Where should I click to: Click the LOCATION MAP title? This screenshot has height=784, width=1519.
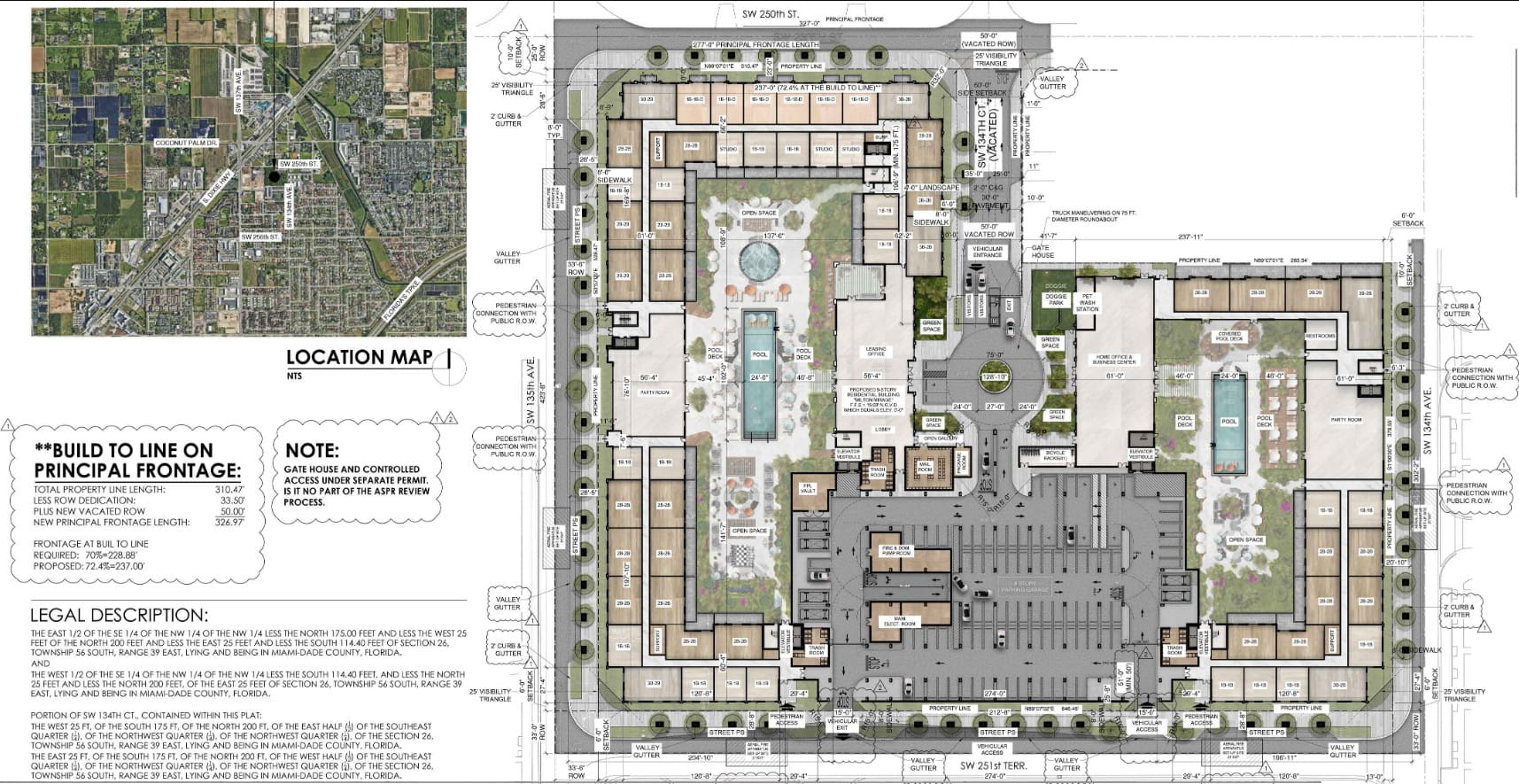(360, 357)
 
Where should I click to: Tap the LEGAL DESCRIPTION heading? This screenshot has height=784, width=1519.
(119, 615)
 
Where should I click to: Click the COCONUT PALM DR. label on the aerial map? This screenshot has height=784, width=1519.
(186, 143)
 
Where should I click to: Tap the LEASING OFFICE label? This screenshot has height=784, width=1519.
(875, 352)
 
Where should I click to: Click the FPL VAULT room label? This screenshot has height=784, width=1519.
(808, 488)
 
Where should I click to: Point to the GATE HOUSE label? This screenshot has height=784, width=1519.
(1042, 252)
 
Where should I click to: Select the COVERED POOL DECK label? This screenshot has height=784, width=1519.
(1229, 337)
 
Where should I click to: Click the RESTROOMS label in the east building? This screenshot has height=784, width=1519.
(1320, 336)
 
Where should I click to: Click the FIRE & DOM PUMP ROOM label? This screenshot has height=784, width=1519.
(895, 550)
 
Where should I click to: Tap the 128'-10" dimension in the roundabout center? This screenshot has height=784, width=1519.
(995, 377)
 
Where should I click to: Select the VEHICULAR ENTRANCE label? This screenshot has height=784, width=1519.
(987, 252)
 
